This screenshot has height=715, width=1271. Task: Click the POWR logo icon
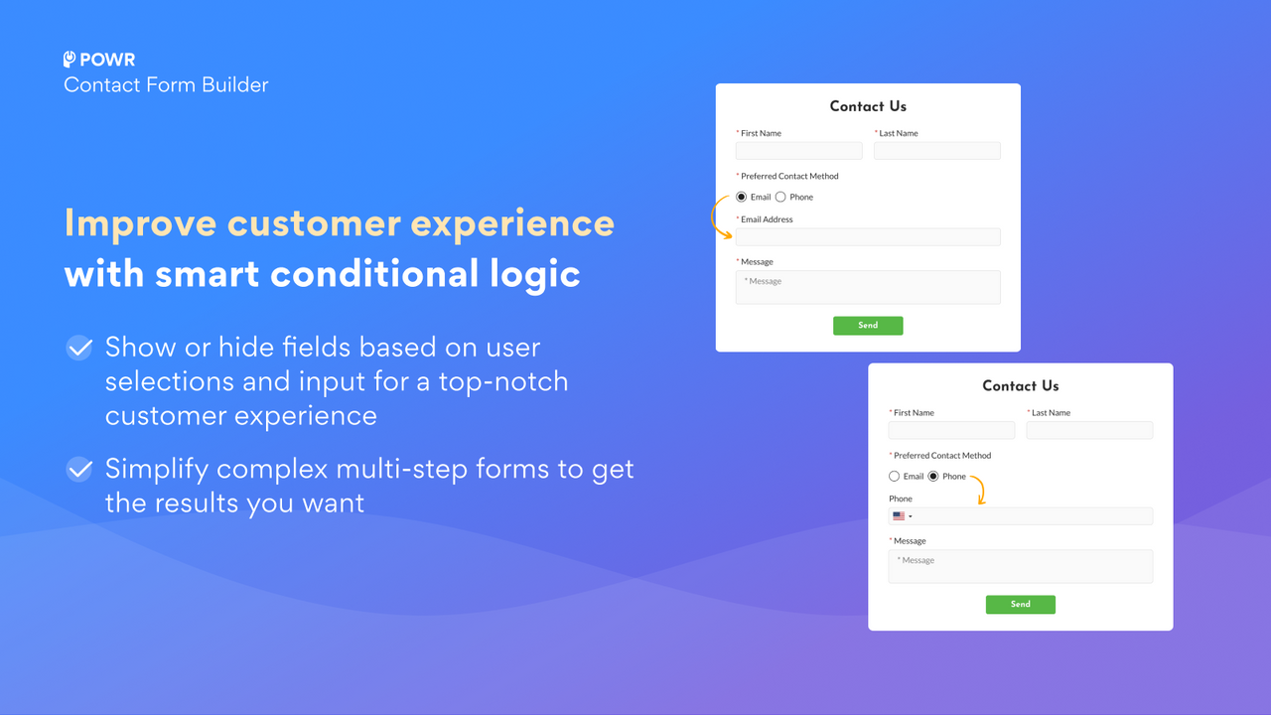pyautogui.click(x=70, y=60)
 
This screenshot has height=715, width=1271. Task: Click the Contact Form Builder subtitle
pyautogui.click(x=166, y=85)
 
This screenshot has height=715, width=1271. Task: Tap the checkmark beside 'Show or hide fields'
pyautogui.click(x=79, y=348)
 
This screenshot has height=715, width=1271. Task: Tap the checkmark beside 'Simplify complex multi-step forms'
pyautogui.click(x=79, y=469)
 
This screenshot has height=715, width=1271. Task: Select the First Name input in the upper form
pyautogui.click(x=798, y=151)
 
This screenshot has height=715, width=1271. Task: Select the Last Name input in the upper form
pyautogui.click(x=936, y=151)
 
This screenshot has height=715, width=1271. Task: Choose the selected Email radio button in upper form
pyautogui.click(x=742, y=197)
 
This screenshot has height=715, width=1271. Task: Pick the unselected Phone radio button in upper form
pyautogui.click(x=780, y=197)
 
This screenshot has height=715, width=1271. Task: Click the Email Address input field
pyautogui.click(x=868, y=236)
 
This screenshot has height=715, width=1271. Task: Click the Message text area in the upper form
pyautogui.click(x=868, y=287)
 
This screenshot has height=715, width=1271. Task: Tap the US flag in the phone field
pyautogui.click(x=899, y=516)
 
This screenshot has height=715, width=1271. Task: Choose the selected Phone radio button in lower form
pyautogui.click(x=933, y=477)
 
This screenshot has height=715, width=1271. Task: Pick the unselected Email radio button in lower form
pyautogui.click(x=895, y=477)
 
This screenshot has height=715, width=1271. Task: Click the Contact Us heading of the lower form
pyautogui.click(x=1021, y=386)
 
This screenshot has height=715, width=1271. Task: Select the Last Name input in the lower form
pyautogui.click(x=1089, y=430)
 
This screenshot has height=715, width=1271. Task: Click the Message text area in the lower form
pyautogui.click(x=1021, y=566)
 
